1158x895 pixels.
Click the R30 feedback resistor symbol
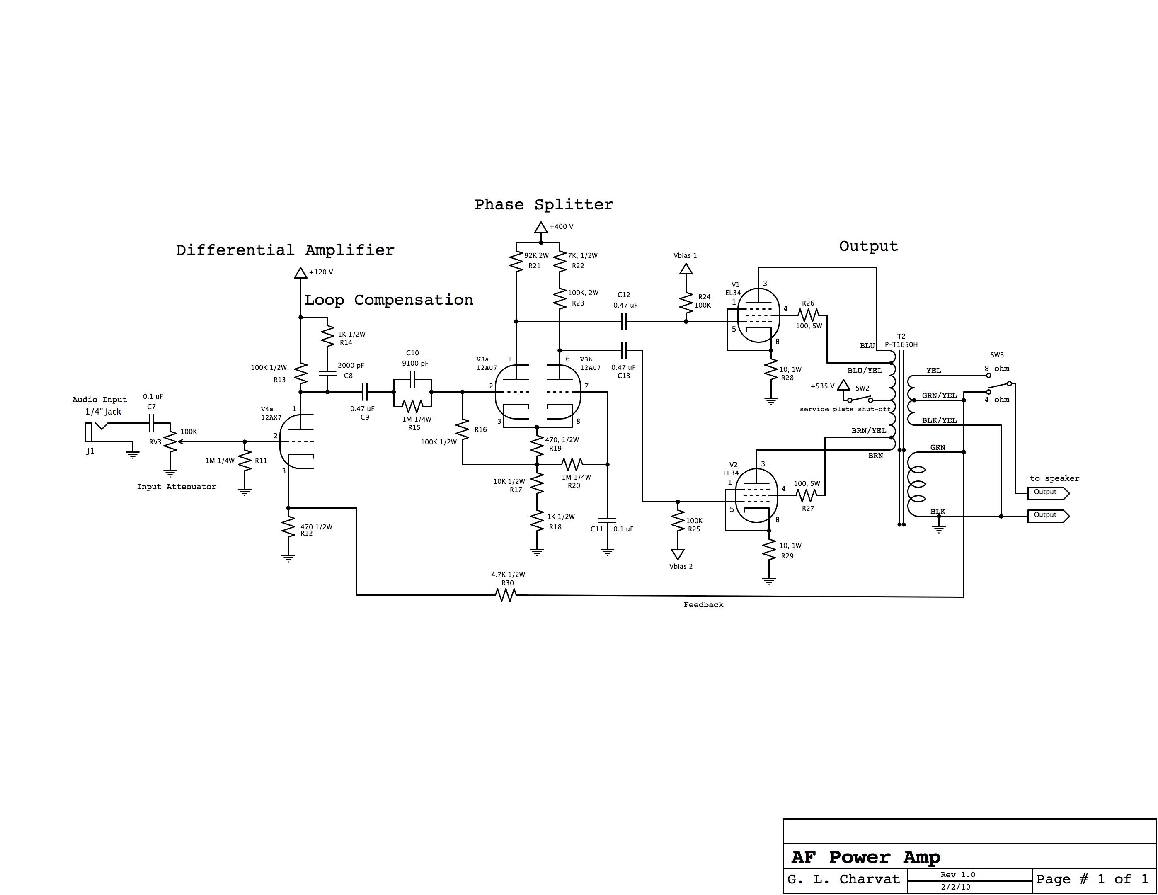click(x=506, y=595)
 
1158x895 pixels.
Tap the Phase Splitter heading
click(x=543, y=205)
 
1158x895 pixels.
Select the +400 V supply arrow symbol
click(x=540, y=228)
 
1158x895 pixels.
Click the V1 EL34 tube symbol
click(x=758, y=316)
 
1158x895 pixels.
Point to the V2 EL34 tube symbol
click(x=756, y=496)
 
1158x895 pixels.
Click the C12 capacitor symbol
click(x=623, y=321)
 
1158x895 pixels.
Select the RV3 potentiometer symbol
click(x=170, y=441)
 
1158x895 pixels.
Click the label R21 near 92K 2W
click(x=535, y=266)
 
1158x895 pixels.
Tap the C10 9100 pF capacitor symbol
click(x=412, y=380)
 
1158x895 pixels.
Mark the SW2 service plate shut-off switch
click(x=859, y=399)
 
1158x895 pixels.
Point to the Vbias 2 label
click(x=681, y=566)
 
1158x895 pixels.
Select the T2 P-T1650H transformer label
click(x=901, y=340)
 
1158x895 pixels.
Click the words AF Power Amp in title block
click(x=865, y=857)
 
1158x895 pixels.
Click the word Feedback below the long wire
click(x=703, y=605)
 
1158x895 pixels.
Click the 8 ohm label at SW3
click(x=997, y=369)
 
